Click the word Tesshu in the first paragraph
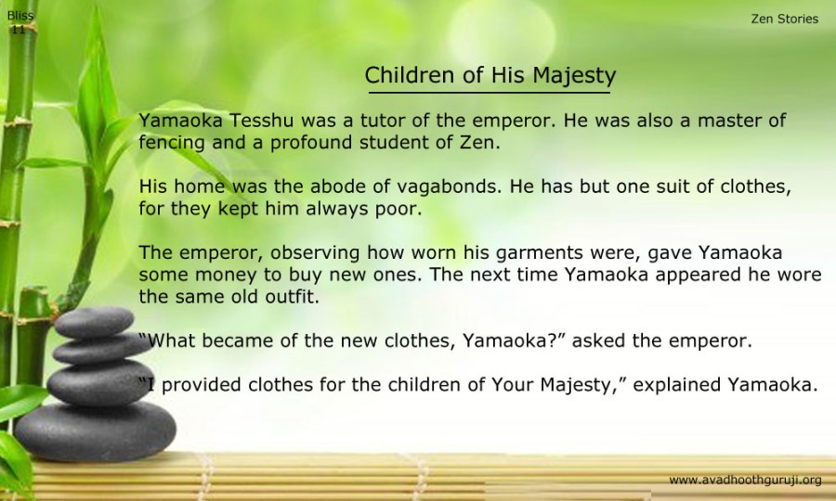262,121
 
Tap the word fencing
172,143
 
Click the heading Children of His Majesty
490,75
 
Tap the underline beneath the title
490,93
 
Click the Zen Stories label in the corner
784,19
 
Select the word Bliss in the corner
20,16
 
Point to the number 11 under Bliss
19,30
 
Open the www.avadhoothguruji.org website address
745,481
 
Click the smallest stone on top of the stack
95,322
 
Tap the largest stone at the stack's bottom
95,430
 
